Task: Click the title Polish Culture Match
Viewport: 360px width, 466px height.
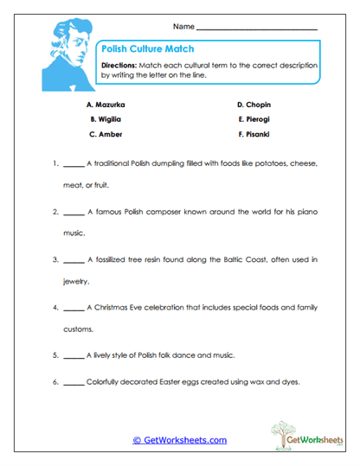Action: pos(147,49)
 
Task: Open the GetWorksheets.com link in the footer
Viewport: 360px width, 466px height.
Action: pos(179,440)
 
